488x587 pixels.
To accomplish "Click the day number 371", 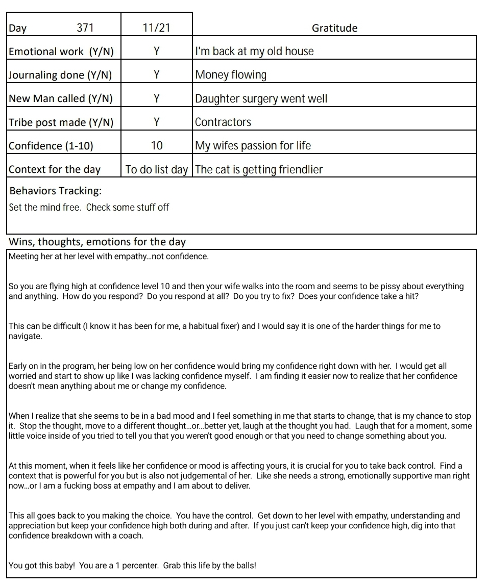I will click(x=85, y=28).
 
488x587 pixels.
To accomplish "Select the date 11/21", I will click(x=156, y=28).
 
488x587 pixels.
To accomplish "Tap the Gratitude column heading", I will click(x=334, y=28).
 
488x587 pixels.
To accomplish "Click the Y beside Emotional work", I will click(x=157, y=52).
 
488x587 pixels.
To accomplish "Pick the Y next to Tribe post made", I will click(x=157, y=122).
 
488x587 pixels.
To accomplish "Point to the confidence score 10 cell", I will click(x=157, y=145).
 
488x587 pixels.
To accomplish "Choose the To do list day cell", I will click(x=157, y=169).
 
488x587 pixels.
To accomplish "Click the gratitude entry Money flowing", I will click(x=231, y=75).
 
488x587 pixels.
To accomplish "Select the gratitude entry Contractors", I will click(x=223, y=122).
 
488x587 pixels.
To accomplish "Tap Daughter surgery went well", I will click(x=261, y=98).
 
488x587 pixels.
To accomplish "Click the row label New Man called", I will click(x=61, y=98).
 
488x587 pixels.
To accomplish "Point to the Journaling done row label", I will click(x=60, y=75).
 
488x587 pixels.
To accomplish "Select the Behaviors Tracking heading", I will click(x=56, y=191).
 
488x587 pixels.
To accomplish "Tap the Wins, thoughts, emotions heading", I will click(x=97, y=242).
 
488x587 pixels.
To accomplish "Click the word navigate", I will click(x=25, y=336).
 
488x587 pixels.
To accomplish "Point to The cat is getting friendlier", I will click(x=259, y=169).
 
